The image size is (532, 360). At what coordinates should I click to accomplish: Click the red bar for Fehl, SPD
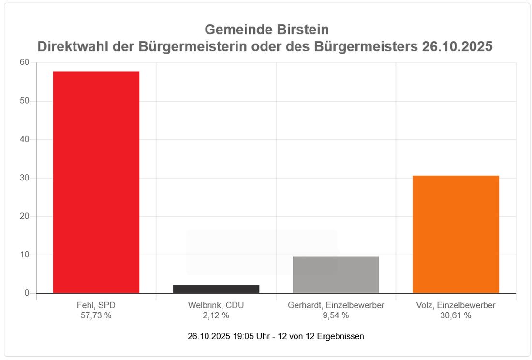[96, 182]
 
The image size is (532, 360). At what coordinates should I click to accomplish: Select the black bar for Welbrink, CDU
[216, 289]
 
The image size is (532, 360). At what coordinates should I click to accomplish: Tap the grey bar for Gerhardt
[336, 275]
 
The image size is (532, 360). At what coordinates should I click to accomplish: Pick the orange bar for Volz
[456, 234]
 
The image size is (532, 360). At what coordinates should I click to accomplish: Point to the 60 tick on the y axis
[24, 62]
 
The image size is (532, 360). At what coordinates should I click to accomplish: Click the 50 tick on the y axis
[24, 101]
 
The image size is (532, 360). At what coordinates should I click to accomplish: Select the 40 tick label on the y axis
[24, 139]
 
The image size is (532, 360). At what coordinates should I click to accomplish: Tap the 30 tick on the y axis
[24, 178]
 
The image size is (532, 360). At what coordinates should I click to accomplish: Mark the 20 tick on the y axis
[24, 216]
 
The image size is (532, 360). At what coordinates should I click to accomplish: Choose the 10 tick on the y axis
[24, 255]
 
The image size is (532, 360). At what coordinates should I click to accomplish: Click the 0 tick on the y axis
[27, 293]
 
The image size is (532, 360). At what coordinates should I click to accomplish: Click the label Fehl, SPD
[96, 306]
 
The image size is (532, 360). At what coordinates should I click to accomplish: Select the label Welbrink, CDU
[216, 306]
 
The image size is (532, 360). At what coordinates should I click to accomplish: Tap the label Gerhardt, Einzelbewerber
[336, 306]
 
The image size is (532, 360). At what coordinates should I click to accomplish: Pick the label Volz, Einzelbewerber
[456, 306]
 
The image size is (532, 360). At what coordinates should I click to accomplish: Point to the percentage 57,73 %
[96, 315]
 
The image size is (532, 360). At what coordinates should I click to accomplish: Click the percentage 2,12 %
[216, 315]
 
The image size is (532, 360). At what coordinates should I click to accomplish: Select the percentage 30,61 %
[456, 315]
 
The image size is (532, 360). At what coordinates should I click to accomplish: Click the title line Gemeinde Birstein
[266, 30]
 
